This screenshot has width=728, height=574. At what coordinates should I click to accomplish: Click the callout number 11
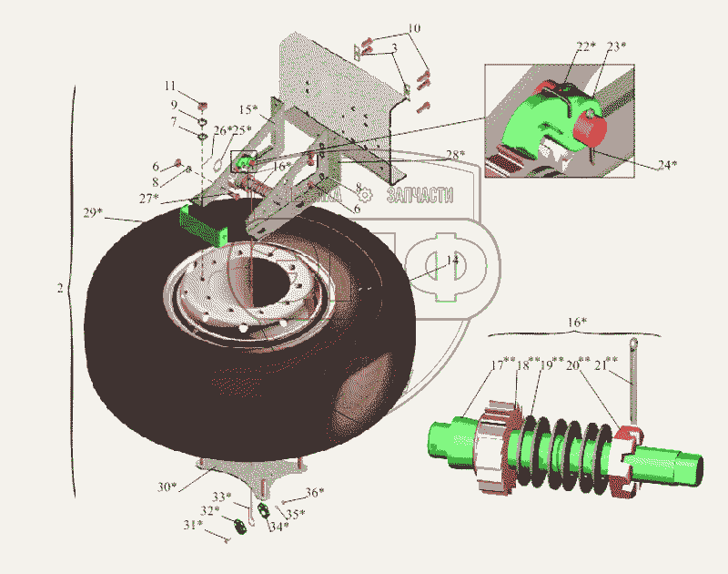tap(170, 86)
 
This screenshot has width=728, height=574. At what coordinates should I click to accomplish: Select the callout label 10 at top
tap(414, 29)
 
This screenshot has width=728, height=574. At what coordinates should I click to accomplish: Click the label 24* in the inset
tap(668, 165)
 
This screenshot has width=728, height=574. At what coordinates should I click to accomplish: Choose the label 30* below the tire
tap(166, 487)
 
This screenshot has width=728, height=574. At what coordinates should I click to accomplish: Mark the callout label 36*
tap(315, 493)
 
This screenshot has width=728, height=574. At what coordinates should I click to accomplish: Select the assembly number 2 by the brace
tap(59, 289)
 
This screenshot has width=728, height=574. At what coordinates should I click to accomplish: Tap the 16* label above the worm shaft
tap(577, 323)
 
